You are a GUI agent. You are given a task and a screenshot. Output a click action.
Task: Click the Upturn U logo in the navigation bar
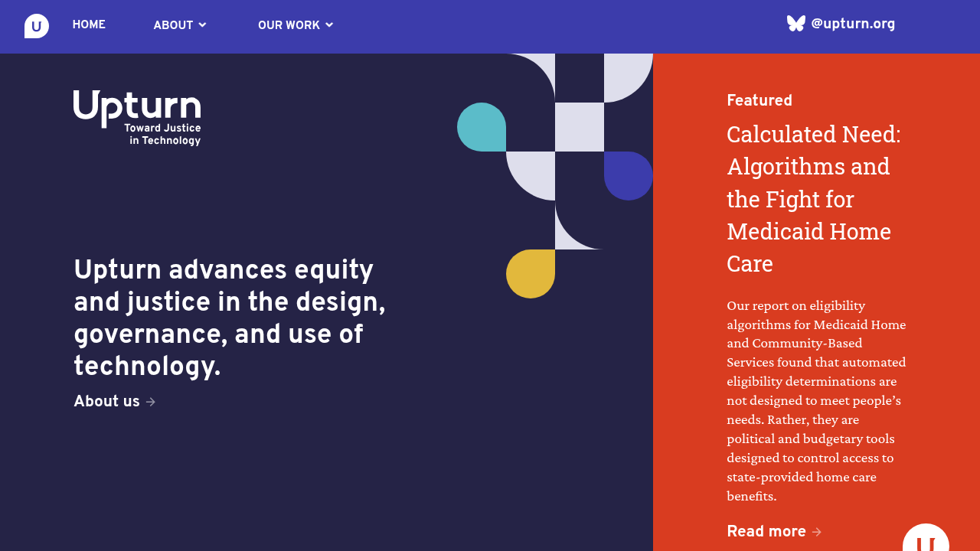[36, 26]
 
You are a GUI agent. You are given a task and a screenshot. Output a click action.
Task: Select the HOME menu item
[89, 24]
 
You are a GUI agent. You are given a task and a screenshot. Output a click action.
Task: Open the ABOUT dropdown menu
[179, 25]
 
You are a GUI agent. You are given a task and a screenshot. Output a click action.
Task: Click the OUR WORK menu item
[289, 25]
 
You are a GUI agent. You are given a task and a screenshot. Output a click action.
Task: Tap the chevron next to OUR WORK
[329, 25]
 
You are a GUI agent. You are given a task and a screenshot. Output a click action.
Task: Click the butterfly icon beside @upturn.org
[795, 24]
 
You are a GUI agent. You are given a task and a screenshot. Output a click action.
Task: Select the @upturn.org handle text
[853, 24]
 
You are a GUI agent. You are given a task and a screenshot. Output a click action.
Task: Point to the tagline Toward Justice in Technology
[163, 134]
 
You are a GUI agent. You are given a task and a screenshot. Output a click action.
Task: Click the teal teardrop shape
[482, 127]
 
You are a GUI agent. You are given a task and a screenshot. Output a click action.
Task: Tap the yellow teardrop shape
[531, 274]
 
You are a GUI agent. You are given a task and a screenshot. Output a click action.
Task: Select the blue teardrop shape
[629, 176]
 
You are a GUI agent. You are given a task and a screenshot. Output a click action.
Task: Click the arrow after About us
[151, 402]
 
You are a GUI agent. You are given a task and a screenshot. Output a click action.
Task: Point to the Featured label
[759, 100]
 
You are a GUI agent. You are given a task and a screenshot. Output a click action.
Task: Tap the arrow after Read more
[816, 532]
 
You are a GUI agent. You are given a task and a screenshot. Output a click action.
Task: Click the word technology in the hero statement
[147, 367]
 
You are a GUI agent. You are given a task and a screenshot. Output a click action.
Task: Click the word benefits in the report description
[752, 496]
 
